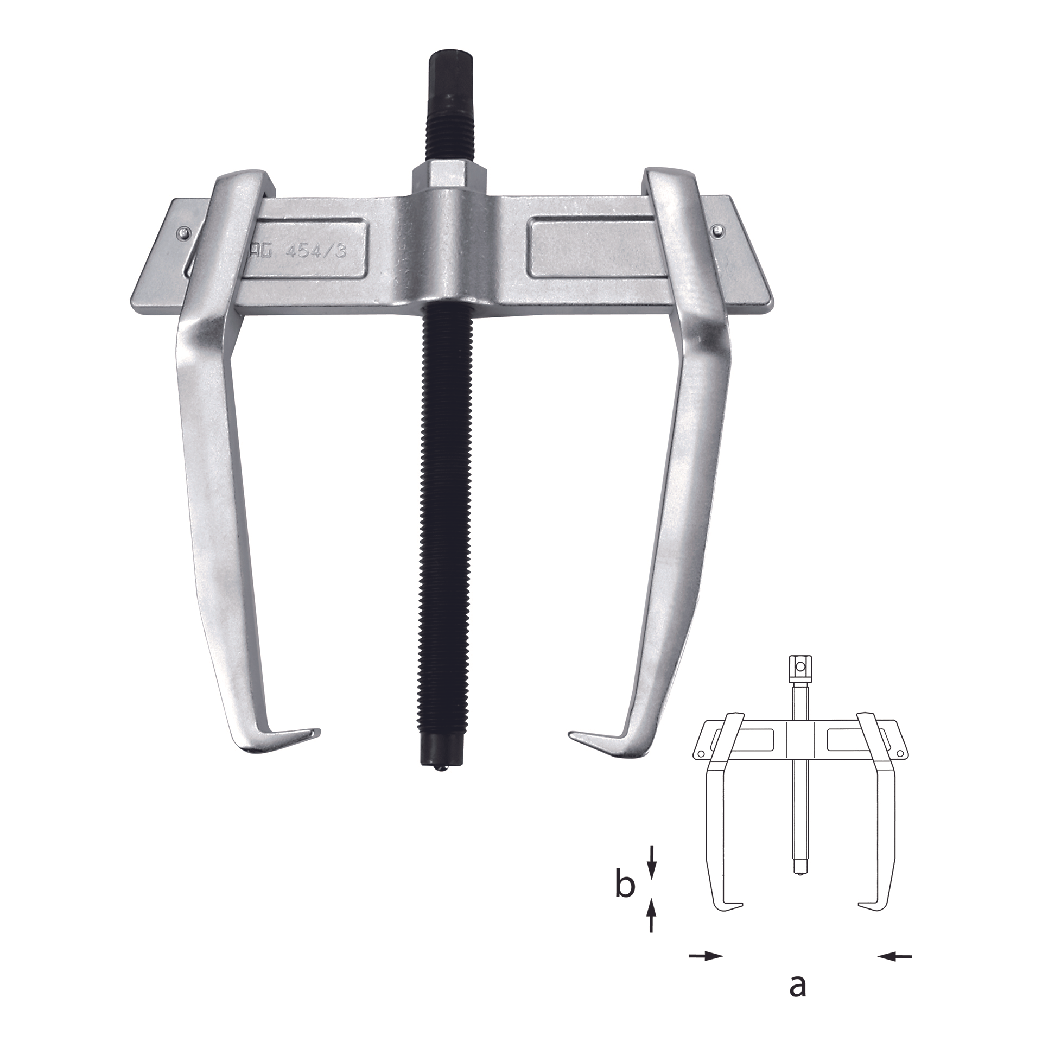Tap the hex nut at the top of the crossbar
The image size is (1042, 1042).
(449, 177)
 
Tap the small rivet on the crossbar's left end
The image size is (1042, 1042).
(182, 233)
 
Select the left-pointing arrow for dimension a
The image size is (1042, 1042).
(894, 956)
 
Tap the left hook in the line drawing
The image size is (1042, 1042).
(729, 906)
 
